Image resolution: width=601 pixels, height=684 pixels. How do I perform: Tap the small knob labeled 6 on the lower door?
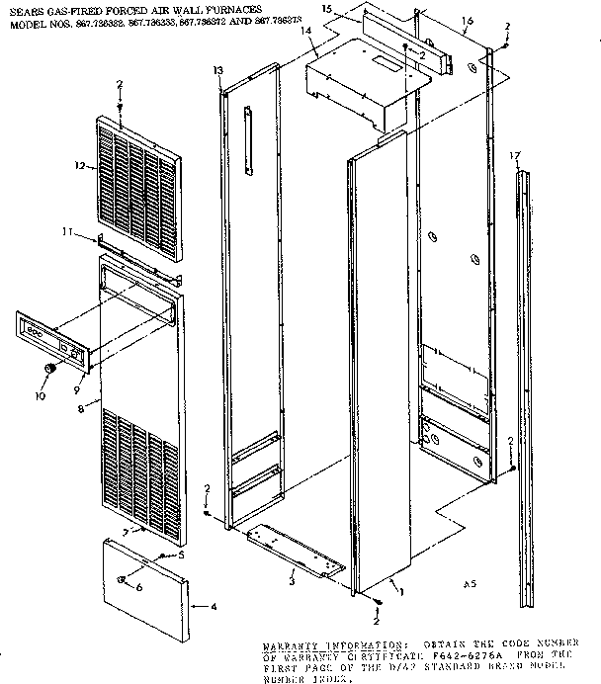pyautogui.click(x=121, y=579)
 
